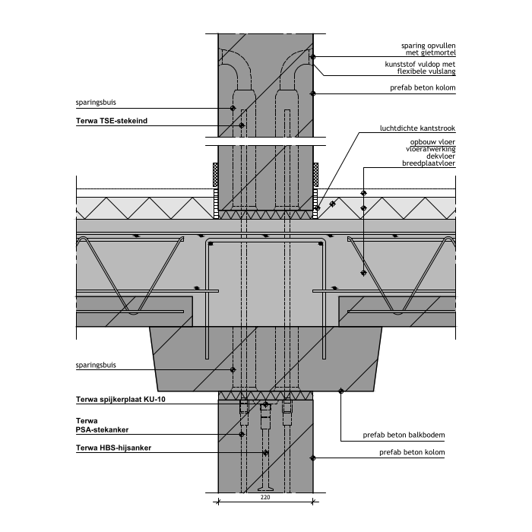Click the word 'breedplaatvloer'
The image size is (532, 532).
pyautogui.click(x=429, y=163)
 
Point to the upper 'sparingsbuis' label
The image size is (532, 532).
pyautogui.click(x=95, y=100)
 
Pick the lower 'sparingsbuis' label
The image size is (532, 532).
pyautogui.click(x=95, y=365)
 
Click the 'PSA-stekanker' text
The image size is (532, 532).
pyautogui.click(x=106, y=429)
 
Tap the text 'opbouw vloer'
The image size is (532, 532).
pyautogui.click(x=432, y=142)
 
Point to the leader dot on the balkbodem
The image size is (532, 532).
pyautogui.click(x=340, y=391)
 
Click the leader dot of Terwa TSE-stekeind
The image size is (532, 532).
pyautogui.click(x=242, y=125)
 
